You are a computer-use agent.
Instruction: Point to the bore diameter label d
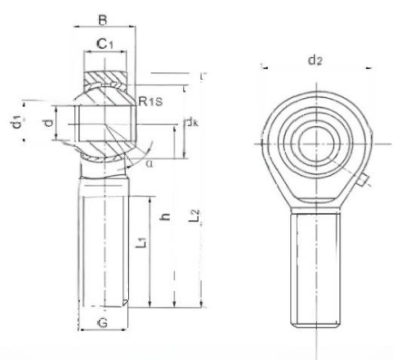tap(48, 121)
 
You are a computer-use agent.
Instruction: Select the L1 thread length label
tap(137, 242)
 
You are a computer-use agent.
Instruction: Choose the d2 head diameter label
tap(314, 61)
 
